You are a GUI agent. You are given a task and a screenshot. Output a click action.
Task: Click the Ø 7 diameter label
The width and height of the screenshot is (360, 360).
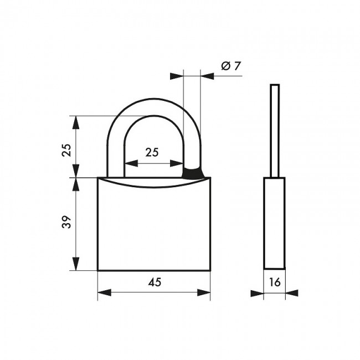(x=231, y=66)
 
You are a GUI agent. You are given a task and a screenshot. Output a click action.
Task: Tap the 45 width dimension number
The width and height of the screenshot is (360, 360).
(x=155, y=282)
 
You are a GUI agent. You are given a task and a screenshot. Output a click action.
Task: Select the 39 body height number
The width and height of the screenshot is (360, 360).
(x=66, y=222)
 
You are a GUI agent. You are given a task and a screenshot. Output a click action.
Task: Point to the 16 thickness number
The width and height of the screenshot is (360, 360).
(x=275, y=282)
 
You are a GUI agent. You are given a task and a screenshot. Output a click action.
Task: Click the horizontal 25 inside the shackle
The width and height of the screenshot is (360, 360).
(x=152, y=152)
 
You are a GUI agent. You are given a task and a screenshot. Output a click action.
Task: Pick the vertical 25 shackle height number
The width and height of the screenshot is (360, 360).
(x=66, y=150)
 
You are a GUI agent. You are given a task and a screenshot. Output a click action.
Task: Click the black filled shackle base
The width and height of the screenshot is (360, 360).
(x=193, y=173)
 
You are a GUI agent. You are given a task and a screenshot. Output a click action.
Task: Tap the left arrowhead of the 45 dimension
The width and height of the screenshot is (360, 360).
(x=105, y=292)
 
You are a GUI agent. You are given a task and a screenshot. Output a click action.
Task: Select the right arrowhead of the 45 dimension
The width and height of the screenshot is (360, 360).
(x=204, y=292)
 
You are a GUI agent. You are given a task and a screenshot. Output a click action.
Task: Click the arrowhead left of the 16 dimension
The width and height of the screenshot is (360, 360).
(x=257, y=293)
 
